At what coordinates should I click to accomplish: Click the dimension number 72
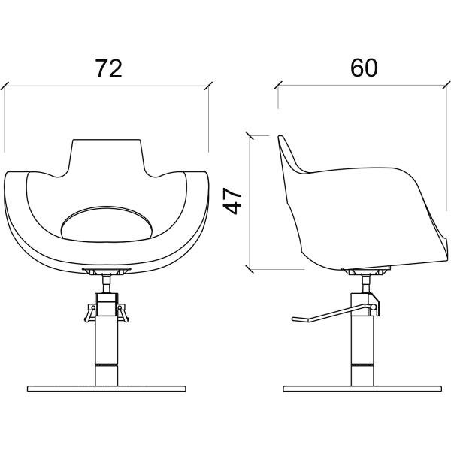(x=108, y=68)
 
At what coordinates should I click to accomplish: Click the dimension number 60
(x=364, y=68)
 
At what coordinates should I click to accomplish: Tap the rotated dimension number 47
(x=233, y=201)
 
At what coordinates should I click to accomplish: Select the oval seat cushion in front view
(x=106, y=224)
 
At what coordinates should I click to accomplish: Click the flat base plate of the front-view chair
(x=107, y=389)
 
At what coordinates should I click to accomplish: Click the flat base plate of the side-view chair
(x=362, y=389)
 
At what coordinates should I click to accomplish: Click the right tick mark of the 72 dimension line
(x=208, y=86)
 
